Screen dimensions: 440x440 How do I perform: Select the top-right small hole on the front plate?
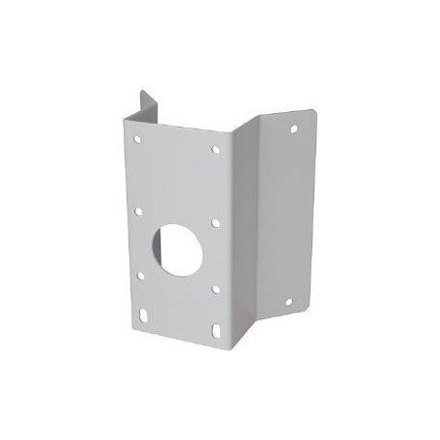point(217,150)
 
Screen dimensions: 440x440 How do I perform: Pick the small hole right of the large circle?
point(215,222)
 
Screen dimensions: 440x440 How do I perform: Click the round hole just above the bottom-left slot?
point(142,276)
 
